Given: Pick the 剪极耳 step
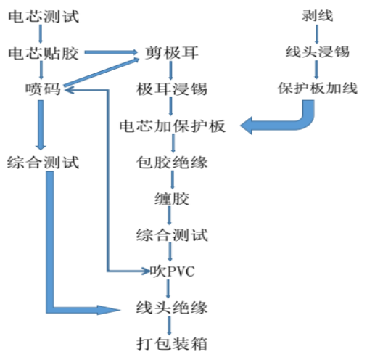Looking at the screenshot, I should coord(171,53).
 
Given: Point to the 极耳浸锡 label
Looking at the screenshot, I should coord(171,89).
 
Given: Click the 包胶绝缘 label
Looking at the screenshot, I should coord(171,161).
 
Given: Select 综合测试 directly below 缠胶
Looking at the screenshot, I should coord(171,234).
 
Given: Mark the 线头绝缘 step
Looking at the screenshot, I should coord(171,307).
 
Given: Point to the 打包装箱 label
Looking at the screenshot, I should coord(171,342).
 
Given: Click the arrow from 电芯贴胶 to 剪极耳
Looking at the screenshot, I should coord(109,53).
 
